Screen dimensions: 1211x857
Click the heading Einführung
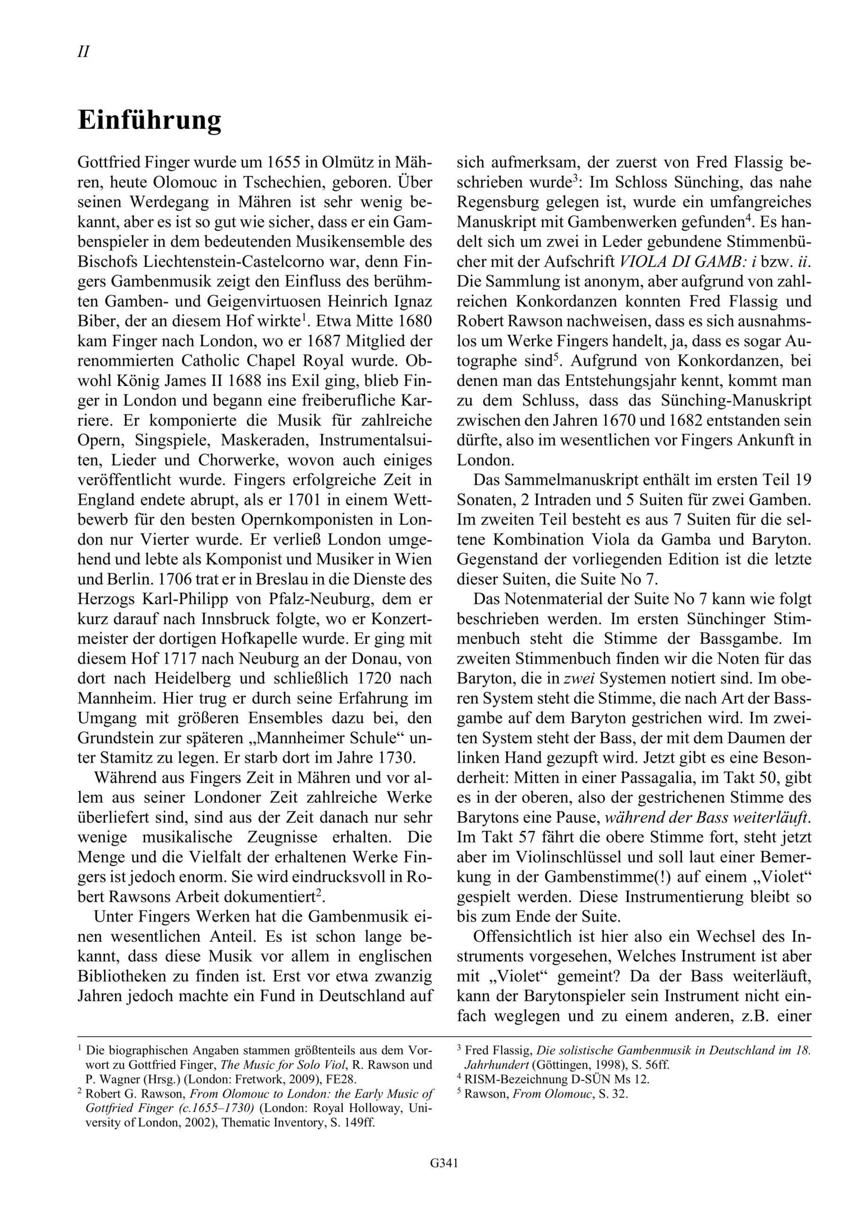[150, 121]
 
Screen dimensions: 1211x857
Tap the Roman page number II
[83, 52]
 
